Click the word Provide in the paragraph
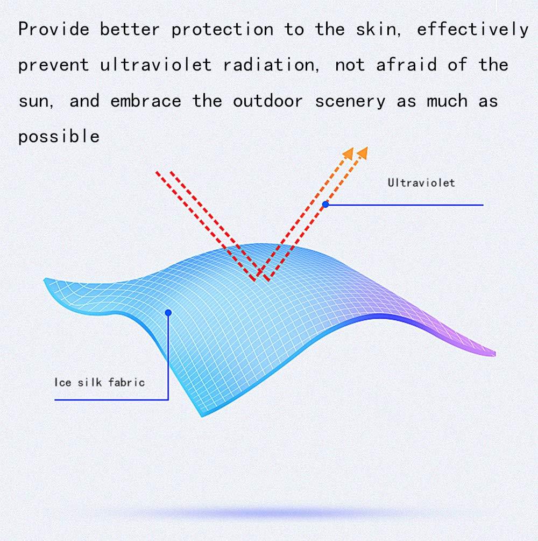[54, 29]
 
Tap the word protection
[222, 29]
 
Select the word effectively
[472, 30]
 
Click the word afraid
[406, 65]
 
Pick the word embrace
[146, 101]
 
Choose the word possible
[59, 137]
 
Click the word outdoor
[268, 101]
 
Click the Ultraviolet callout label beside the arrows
[421, 182]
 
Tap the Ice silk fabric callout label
[100, 382]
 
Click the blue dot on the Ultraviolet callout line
[325, 204]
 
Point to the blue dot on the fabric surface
[168, 313]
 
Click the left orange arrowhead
[348, 153]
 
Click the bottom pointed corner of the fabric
[202, 416]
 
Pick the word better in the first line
[130, 29]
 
